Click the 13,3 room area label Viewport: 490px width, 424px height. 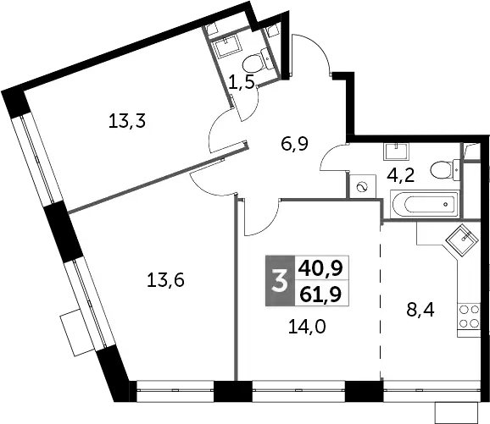point(127,121)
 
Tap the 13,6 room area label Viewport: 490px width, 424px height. point(165,280)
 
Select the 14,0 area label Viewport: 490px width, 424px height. point(307,327)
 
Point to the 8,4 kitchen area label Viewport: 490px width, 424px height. point(420,310)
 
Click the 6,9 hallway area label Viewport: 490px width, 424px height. point(295,144)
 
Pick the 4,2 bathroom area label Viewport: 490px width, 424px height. point(400,176)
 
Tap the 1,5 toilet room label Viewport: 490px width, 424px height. point(241,83)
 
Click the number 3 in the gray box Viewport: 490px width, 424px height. point(280,281)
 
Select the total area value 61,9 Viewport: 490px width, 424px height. point(320,294)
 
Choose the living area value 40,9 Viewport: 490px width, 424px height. point(320,268)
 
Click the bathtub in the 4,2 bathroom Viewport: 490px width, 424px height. point(424,204)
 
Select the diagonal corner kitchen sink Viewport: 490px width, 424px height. point(462,240)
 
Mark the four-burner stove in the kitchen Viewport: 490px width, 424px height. point(469,316)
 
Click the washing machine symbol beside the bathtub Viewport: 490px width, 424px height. point(363,186)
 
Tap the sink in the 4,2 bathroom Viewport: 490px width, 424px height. point(396,152)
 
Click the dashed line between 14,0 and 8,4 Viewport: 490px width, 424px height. point(381,301)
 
